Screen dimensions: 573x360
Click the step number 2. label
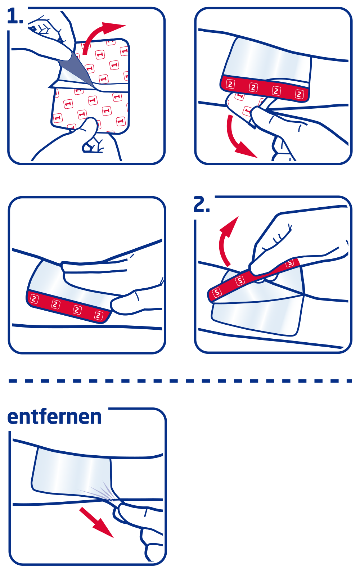point(202,205)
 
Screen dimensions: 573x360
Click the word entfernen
point(54,417)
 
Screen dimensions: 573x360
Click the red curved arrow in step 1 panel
point(101,34)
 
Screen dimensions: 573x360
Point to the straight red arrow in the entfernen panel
point(96,522)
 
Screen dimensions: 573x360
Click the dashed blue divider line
point(180,381)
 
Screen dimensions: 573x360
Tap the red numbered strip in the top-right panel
point(265,89)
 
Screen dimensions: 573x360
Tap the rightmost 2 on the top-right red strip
point(299,94)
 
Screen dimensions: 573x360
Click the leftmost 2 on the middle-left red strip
point(34,299)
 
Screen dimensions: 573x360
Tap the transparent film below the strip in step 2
point(256,317)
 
